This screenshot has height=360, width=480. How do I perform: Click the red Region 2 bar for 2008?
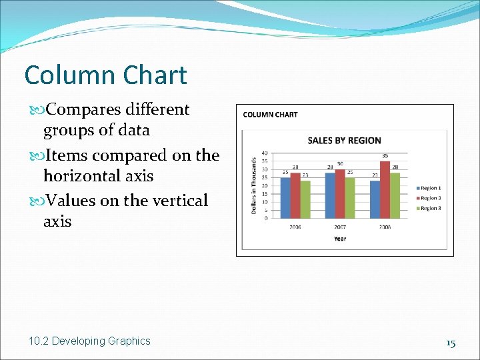click(385, 190)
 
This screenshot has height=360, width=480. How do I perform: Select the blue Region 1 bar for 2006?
click(285, 197)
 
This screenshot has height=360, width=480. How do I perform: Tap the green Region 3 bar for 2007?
click(350, 197)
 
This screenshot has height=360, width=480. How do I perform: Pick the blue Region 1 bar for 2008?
click(375, 199)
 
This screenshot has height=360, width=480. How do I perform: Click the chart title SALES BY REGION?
click(344, 141)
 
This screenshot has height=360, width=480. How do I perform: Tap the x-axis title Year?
click(340, 239)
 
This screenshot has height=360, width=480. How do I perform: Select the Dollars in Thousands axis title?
click(254, 185)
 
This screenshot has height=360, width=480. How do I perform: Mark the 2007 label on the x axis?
click(340, 227)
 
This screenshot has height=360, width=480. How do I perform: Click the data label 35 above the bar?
click(385, 156)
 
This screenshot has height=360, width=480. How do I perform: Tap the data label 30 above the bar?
click(340, 164)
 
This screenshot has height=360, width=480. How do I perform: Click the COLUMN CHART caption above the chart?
click(271, 115)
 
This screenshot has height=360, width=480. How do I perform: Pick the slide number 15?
click(451, 343)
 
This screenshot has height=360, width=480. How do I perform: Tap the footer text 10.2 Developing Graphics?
click(89, 341)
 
